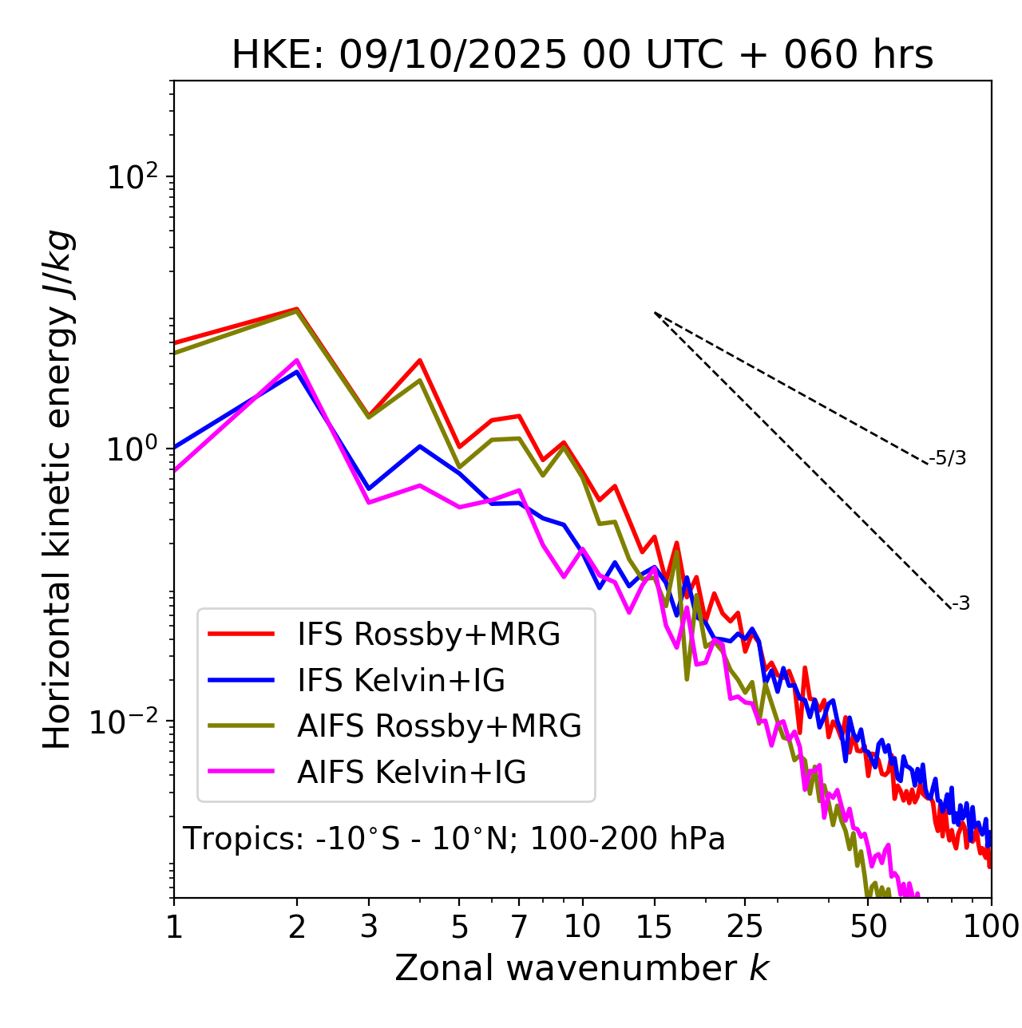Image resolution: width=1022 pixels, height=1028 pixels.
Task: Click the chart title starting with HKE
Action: pos(582,55)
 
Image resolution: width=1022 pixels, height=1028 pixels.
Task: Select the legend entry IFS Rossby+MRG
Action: pos(428,635)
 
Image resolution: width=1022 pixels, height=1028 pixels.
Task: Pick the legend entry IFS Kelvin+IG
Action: pos(401,681)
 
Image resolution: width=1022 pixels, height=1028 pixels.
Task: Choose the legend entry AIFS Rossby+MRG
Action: pos(439,726)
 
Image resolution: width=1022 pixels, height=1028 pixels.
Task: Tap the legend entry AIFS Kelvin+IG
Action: pos(411,773)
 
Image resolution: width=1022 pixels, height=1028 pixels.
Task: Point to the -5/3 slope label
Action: pos(948,459)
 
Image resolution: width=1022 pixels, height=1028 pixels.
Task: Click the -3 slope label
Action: pos(961,604)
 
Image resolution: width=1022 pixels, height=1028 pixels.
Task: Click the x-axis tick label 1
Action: pos(174,927)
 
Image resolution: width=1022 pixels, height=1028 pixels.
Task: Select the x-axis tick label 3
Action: pos(369,927)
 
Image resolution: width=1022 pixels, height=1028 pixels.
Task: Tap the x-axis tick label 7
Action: pos(519,927)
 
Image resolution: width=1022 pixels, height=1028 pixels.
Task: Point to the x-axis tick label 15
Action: pos(654,927)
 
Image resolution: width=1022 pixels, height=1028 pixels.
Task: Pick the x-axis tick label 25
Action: pos(745,927)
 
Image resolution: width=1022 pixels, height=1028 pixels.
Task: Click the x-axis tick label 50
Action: pos(868,927)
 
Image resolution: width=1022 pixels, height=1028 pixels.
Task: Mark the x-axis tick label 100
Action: pos(991,927)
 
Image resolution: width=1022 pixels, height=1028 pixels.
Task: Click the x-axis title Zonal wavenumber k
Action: pos(582,968)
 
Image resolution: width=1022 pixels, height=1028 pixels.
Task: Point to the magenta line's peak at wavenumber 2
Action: pos(297,360)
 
